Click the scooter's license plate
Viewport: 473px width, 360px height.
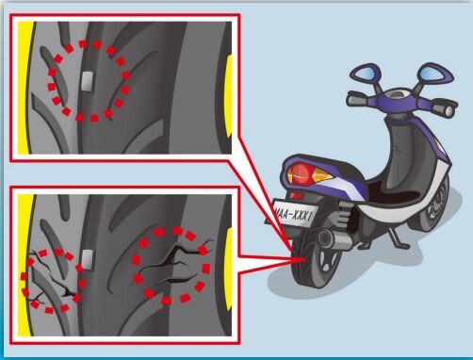point(294,215)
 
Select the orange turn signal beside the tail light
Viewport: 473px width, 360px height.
point(322,174)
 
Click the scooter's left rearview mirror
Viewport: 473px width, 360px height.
point(366,73)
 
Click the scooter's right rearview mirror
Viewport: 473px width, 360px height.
point(434,73)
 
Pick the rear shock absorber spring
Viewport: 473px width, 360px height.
point(344,214)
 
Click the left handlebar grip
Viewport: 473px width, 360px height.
point(358,99)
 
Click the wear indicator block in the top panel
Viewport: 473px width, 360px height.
point(87,82)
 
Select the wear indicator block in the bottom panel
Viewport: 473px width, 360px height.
point(87,260)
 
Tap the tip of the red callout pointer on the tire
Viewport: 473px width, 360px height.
point(305,259)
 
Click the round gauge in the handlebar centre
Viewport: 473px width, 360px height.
point(397,94)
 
